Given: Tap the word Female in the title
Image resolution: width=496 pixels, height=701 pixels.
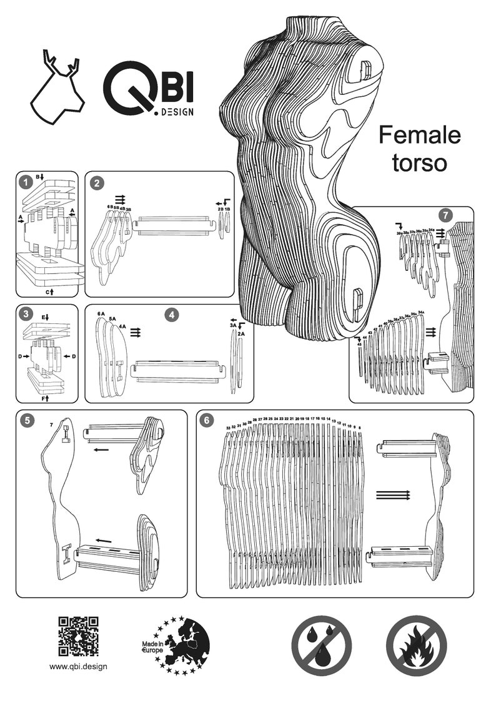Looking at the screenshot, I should click(x=419, y=134).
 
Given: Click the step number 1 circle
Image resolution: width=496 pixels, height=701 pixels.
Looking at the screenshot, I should click(x=24, y=182).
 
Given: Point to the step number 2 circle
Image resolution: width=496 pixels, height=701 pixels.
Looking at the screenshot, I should click(x=96, y=183).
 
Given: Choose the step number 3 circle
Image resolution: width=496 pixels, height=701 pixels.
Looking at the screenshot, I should click(x=24, y=314).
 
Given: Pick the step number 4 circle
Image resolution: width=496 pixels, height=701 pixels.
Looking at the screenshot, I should click(x=172, y=315).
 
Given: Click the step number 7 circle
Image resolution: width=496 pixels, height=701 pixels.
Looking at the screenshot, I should click(x=445, y=215).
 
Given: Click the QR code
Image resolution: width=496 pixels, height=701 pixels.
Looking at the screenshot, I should click(x=79, y=636).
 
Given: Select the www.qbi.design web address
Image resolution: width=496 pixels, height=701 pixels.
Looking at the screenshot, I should click(x=79, y=666).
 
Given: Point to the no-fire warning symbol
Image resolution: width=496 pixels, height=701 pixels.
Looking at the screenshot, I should click(x=416, y=645).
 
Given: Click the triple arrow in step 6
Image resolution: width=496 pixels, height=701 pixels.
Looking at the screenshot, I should click(x=392, y=495).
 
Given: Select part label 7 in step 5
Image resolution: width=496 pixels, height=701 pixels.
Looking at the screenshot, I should click(x=51, y=424).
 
